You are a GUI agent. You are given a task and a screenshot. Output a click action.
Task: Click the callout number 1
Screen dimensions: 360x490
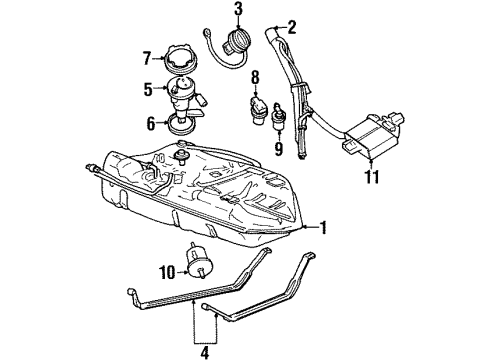pos(323,227)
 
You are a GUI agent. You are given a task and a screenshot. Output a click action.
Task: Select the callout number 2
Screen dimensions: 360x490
pos(291,27)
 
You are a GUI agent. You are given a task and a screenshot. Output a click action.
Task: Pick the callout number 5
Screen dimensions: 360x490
pos(149,89)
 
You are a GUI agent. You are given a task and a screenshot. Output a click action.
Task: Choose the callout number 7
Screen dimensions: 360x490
pos(147,56)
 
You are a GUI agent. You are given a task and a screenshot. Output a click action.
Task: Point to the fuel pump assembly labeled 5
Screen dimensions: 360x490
pos(184,95)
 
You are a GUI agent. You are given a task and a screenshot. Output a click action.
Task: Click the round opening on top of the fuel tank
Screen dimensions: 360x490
pos(182,154)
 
